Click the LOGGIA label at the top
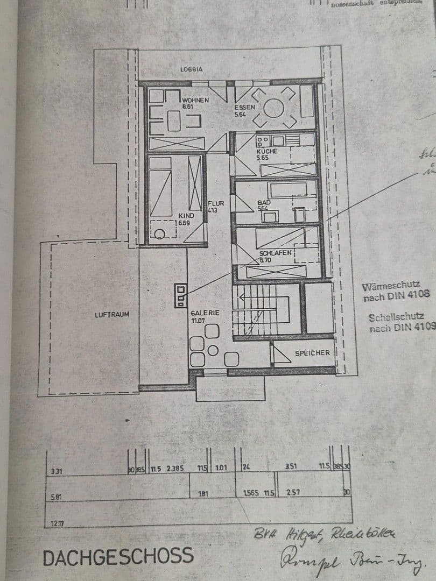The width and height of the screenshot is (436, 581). pyautogui.click(x=192, y=69)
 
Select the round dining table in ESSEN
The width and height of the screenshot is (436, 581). pyautogui.click(x=274, y=108)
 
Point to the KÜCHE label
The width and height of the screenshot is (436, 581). pyautogui.click(x=267, y=151)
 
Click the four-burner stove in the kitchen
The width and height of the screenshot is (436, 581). pyautogui.click(x=263, y=141)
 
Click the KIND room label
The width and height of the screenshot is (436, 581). pyautogui.click(x=186, y=215)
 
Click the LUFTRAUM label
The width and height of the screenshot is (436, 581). pyautogui.click(x=112, y=314)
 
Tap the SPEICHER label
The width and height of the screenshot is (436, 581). pyautogui.click(x=312, y=353)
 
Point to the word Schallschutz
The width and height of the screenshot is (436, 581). pyautogui.click(x=396, y=317)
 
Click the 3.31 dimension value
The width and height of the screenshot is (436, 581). pyautogui.click(x=56, y=471)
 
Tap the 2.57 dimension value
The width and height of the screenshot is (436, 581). pyautogui.click(x=293, y=493)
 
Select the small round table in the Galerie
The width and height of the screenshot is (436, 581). pyautogui.click(x=213, y=351)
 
